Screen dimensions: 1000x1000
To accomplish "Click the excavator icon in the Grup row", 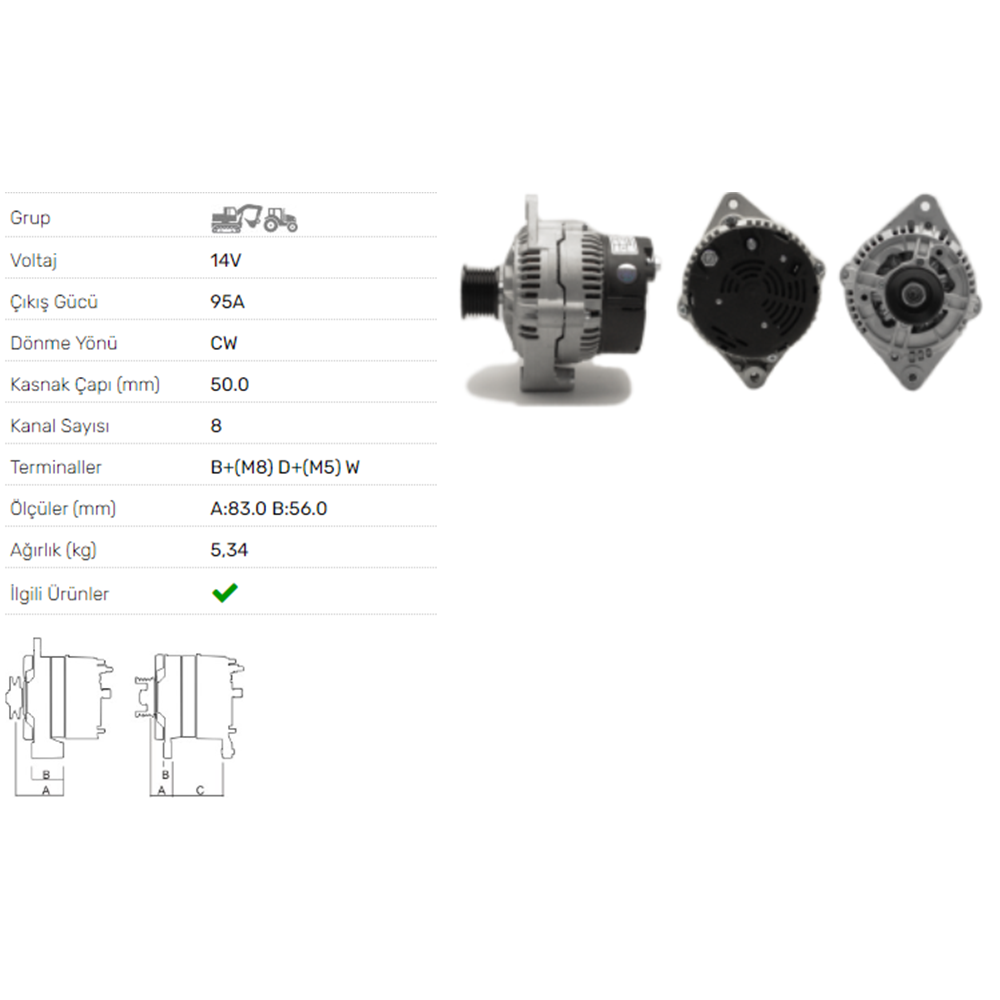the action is point(237,218).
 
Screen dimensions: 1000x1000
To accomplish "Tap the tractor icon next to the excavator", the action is point(281,219).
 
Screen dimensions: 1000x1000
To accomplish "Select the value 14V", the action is point(226,261).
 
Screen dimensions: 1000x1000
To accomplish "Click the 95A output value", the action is point(228,302).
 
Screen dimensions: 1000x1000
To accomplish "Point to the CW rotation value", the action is point(224,343).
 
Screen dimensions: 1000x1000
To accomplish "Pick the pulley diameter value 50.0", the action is point(230,385).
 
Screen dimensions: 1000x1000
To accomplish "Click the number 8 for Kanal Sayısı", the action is point(216,426).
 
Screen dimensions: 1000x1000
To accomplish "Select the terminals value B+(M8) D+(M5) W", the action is point(285,467).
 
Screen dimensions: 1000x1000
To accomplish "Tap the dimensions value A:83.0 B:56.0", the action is point(268,509).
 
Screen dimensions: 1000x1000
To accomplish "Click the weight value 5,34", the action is point(229,550).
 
